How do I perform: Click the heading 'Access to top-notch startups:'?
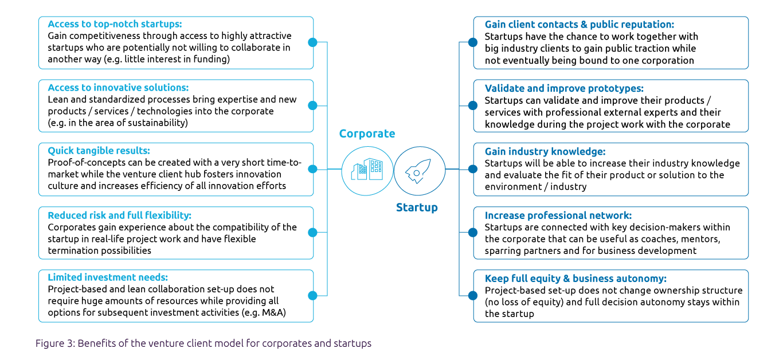click(x=115, y=25)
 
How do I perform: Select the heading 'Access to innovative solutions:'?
click(x=118, y=88)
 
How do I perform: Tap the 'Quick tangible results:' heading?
click(x=99, y=151)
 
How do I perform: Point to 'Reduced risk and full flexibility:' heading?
click(x=119, y=216)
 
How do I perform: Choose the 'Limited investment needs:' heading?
click(x=108, y=277)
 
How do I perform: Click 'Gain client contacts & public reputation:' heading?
click(x=579, y=25)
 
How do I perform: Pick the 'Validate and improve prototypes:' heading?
click(x=564, y=88)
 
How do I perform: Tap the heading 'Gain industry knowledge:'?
click(x=545, y=152)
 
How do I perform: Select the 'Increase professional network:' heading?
click(x=558, y=216)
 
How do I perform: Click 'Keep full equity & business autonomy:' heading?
click(x=575, y=279)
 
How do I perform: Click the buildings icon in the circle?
click(x=367, y=170)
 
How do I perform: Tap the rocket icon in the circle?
click(x=419, y=170)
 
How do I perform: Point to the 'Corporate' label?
click(x=367, y=134)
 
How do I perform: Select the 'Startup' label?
click(x=417, y=208)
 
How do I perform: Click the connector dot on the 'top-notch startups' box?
click(x=312, y=42)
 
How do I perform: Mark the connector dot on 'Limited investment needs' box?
click(x=312, y=296)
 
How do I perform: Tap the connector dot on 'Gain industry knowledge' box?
click(x=472, y=169)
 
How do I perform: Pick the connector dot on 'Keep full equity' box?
click(x=472, y=296)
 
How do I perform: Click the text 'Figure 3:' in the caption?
click(x=55, y=343)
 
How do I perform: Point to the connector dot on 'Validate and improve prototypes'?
click(x=472, y=105)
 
